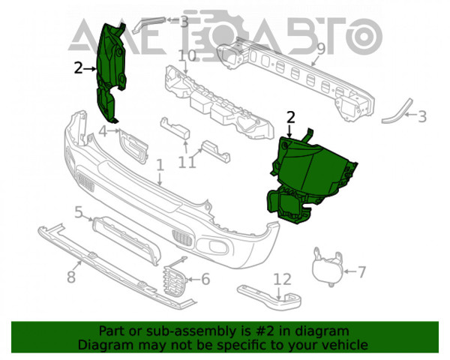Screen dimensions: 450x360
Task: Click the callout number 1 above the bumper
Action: click(160, 166)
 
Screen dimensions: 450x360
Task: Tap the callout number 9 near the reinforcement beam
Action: click(321, 49)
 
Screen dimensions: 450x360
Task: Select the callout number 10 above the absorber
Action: click(187, 56)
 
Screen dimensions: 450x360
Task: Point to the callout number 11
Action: click(187, 163)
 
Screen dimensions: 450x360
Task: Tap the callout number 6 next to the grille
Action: click(205, 279)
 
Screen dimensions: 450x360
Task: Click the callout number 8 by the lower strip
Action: click(71, 277)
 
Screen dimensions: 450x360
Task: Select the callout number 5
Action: click(79, 212)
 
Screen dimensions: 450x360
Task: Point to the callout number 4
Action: click(103, 132)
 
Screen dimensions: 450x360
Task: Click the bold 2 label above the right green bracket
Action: click(291, 118)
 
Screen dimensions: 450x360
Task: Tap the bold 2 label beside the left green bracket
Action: click(78, 68)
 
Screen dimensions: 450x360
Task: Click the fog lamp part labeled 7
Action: click(328, 268)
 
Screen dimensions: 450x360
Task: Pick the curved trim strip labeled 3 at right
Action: click(397, 111)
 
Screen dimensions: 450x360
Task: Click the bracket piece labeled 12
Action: click(270, 297)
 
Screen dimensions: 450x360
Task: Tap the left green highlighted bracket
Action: click(110, 73)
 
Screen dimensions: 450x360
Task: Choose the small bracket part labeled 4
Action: click(134, 146)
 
